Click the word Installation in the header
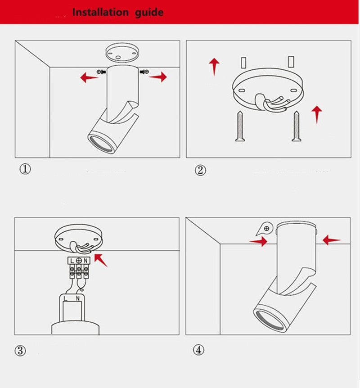100,12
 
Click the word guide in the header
149,13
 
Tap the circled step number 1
25,169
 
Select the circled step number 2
200,170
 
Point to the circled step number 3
20,351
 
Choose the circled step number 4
198,350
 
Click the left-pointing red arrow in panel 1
89,77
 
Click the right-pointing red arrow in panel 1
158,77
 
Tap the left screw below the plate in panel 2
240,126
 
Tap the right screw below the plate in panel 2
297,126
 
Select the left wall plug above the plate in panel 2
243,63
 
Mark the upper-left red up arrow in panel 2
214,67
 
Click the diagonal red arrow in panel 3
101,260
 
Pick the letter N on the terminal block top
85,261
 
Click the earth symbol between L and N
79,260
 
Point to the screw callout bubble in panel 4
265,228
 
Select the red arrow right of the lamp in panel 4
332,240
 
